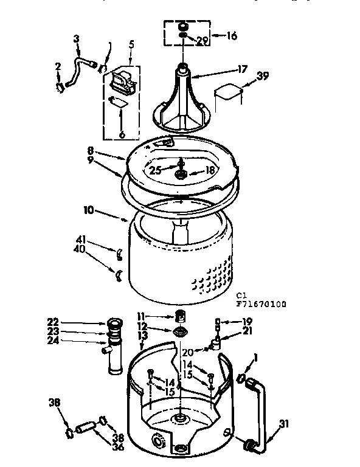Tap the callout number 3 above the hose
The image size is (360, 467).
tap(77, 39)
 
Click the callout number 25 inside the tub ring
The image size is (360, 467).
tap(156, 171)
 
